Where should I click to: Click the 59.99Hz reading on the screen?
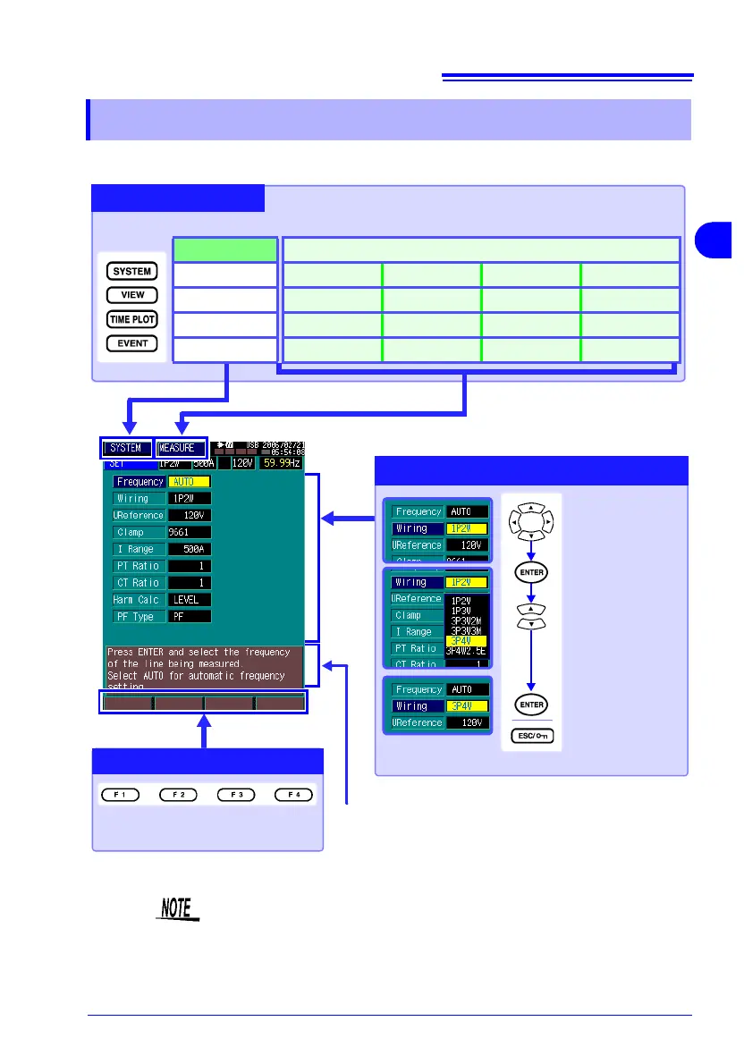[281, 463]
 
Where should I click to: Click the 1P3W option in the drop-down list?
[463, 611]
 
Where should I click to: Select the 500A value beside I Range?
[190, 548]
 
